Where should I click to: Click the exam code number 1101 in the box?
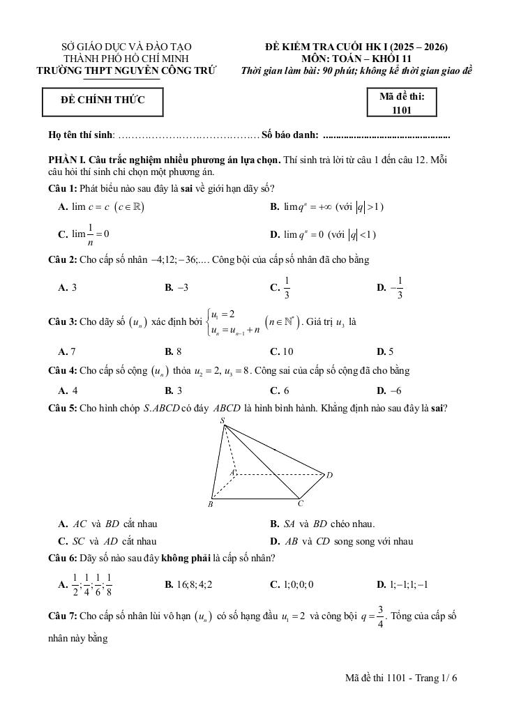coord(402,109)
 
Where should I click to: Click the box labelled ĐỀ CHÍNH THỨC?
coord(103,100)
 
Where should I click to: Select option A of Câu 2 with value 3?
coord(68,287)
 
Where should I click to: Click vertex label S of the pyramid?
coord(223,420)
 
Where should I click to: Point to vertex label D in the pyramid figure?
coord(329,475)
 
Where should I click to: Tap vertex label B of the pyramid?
coord(210,504)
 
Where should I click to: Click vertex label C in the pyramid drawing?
coord(301,503)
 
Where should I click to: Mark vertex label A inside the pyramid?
coord(232,472)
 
